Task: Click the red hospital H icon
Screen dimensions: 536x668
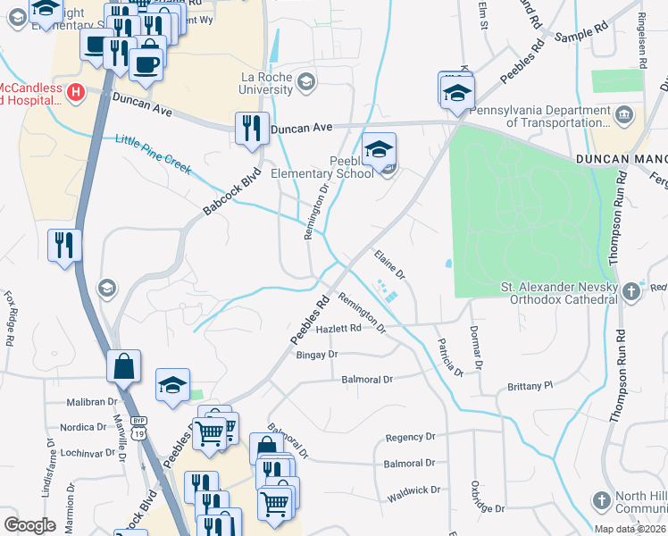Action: click(x=76, y=91)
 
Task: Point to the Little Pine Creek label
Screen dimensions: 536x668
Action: click(x=153, y=154)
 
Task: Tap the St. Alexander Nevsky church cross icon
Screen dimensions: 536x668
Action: click(x=631, y=289)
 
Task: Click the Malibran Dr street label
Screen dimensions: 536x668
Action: click(x=93, y=403)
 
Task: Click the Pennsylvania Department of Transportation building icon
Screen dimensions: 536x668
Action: click(x=624, y=114)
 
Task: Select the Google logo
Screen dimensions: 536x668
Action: click(x=29, y=524)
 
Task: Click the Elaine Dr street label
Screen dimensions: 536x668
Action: click(x=389, y=264)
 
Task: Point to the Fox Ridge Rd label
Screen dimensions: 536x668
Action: click(x=11, y=318)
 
